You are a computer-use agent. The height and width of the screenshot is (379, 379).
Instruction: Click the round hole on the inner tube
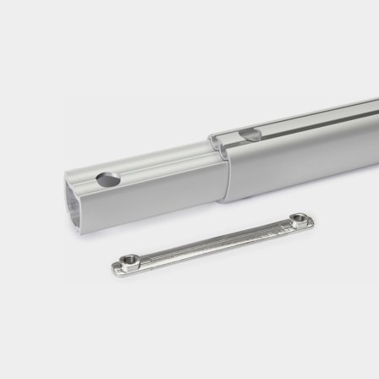coord(108,179)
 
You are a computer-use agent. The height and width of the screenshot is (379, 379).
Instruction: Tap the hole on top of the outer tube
coord(250,134)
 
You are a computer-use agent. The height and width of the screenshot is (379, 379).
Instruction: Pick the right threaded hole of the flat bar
coord(298,219)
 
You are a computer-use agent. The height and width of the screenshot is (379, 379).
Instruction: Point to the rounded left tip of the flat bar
coord(114,270)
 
